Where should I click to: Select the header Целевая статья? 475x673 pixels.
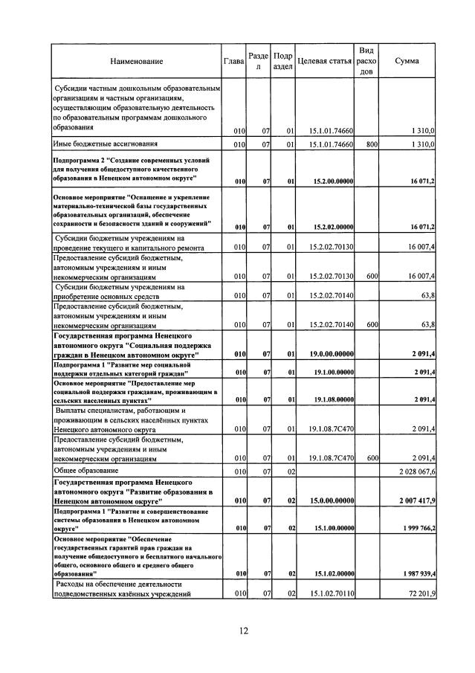(323, 60)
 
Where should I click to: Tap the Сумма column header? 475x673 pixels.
(407, 60)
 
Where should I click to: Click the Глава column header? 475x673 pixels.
(234, 60)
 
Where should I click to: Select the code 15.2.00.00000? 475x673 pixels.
(333, 181)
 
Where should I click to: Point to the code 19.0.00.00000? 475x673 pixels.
(333, 354)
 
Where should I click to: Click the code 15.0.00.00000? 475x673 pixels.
(333, 500)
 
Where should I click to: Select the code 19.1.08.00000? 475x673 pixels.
(333, 399)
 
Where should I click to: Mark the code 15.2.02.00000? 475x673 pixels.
(333, 226)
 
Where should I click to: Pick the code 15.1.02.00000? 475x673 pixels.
(333, 573)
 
